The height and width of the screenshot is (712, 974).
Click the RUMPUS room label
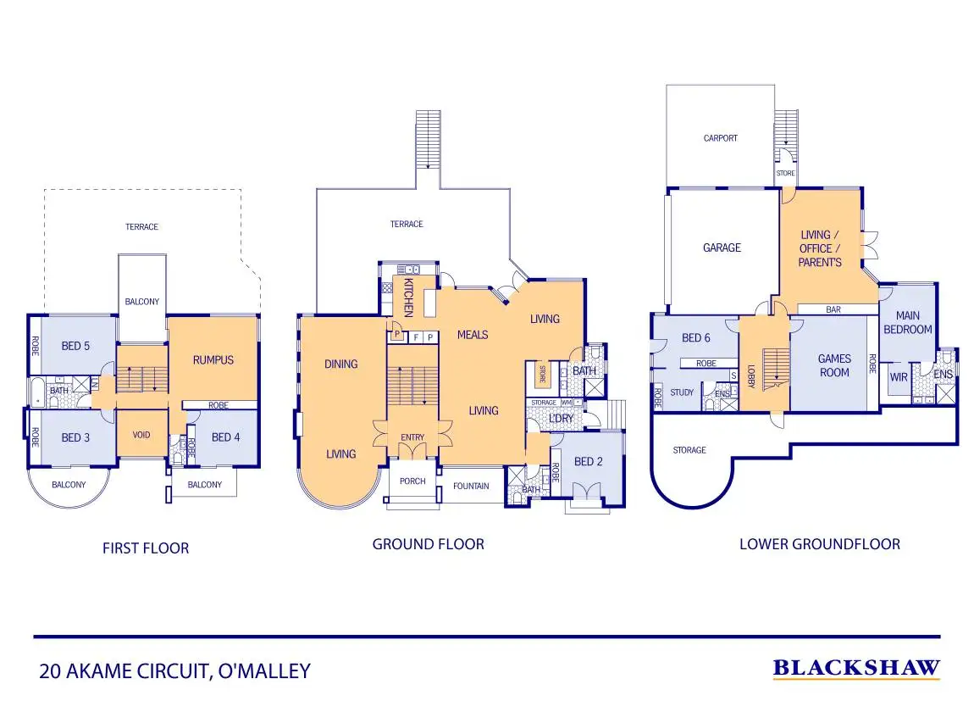212,359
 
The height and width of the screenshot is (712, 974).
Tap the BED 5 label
75,346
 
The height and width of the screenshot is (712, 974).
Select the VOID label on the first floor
141,435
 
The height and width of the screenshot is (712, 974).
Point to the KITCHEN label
408,297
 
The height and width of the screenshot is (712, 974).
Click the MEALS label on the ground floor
472,335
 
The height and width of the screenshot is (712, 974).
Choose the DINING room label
340,364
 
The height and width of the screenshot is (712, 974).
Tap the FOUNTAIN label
471,487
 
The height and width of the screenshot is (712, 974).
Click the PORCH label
412,481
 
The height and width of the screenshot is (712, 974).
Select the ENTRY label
412,437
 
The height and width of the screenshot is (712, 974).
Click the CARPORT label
720,138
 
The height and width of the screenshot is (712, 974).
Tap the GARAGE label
722,248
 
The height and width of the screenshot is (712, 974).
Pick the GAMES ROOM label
834,365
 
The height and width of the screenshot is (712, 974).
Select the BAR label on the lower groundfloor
833,310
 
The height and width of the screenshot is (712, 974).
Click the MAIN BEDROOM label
907,323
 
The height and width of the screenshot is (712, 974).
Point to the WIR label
898,374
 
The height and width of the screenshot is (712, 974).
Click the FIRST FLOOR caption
146,548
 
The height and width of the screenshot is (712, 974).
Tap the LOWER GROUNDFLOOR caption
819,544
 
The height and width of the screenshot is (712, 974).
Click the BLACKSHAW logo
855,669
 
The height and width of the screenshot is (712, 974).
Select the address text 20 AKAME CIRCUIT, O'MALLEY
174,672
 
